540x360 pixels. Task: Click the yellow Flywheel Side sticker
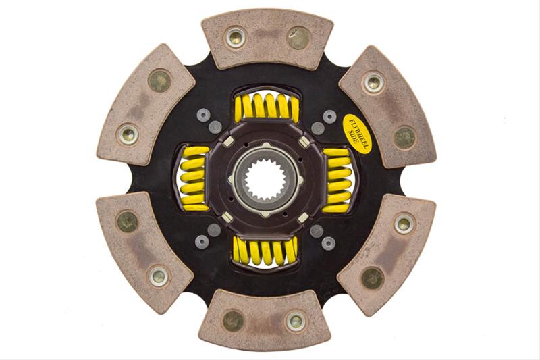[x=356, y=133]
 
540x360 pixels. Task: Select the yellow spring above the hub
[x=266, y=107]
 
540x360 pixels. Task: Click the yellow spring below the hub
[x=265, y=251]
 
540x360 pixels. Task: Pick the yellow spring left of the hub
[x=193, y=179]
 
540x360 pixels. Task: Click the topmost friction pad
[x=267, y=39]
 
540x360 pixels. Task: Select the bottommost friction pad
[x=265, y=320]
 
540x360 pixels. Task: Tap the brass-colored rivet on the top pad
[x=298, y=37]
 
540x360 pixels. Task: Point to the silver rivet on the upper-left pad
[x=128, y=134]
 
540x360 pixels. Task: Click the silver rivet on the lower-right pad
[x=403, y=224]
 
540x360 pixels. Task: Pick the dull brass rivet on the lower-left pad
[x=127, y=221]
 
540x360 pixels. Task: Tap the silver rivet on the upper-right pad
[x=373, y=82]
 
